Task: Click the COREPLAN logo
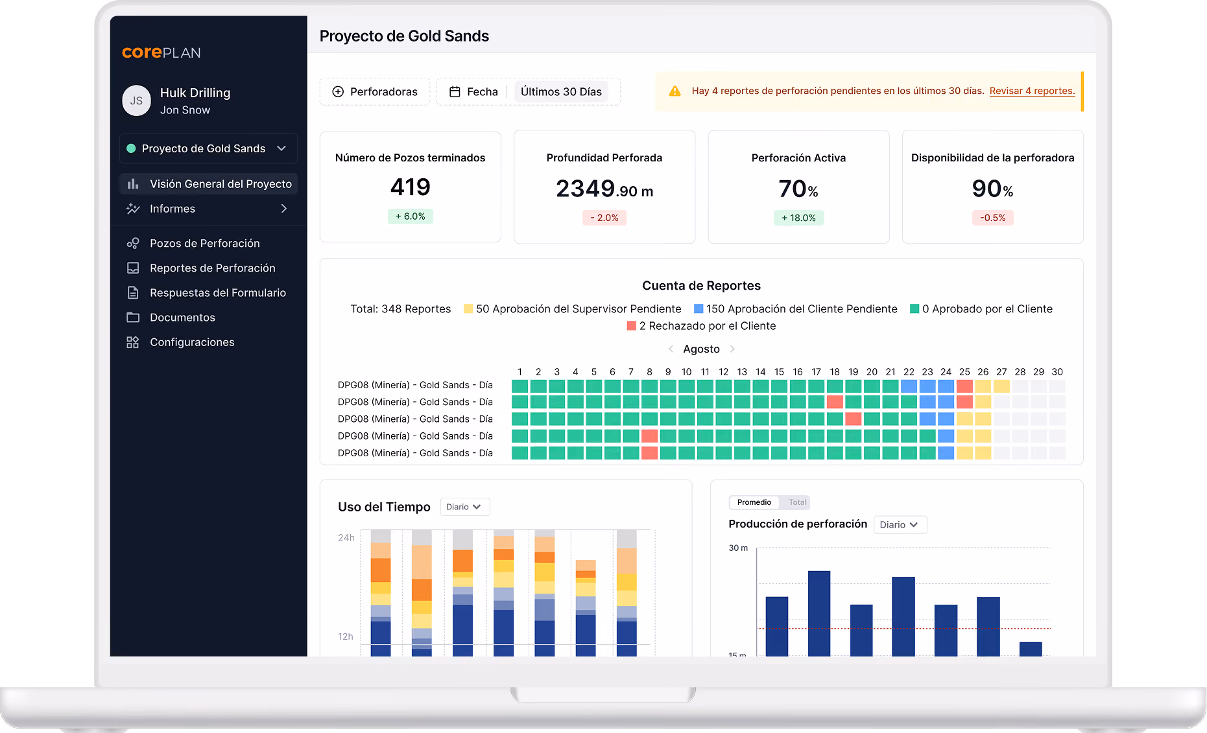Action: [x=161, y=52]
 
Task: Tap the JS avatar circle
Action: [x=136, y=100]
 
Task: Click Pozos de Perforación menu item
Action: [x=204, y=243]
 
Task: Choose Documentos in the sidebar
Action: [x=182, y=318]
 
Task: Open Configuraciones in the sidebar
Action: [x=192, y=342]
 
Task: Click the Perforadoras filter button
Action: [x=375, y=92]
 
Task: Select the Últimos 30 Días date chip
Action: [x=561, y=92]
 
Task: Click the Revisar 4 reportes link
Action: [x=1032, y=91]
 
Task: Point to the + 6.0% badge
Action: [x=411, y=216]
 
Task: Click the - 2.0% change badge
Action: [x=604, y=218]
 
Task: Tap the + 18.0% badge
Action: [x=798, y=218]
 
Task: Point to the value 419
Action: [x=411, y=187]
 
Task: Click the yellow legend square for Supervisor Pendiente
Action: [x=468, y=309]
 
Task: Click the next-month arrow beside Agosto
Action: [x=732, y=349]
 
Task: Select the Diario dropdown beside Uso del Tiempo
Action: [x=464, y=507]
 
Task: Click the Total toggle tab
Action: [x=797, y=502]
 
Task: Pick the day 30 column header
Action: [x=1057, y=372]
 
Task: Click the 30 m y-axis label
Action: [x=738, y=548]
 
